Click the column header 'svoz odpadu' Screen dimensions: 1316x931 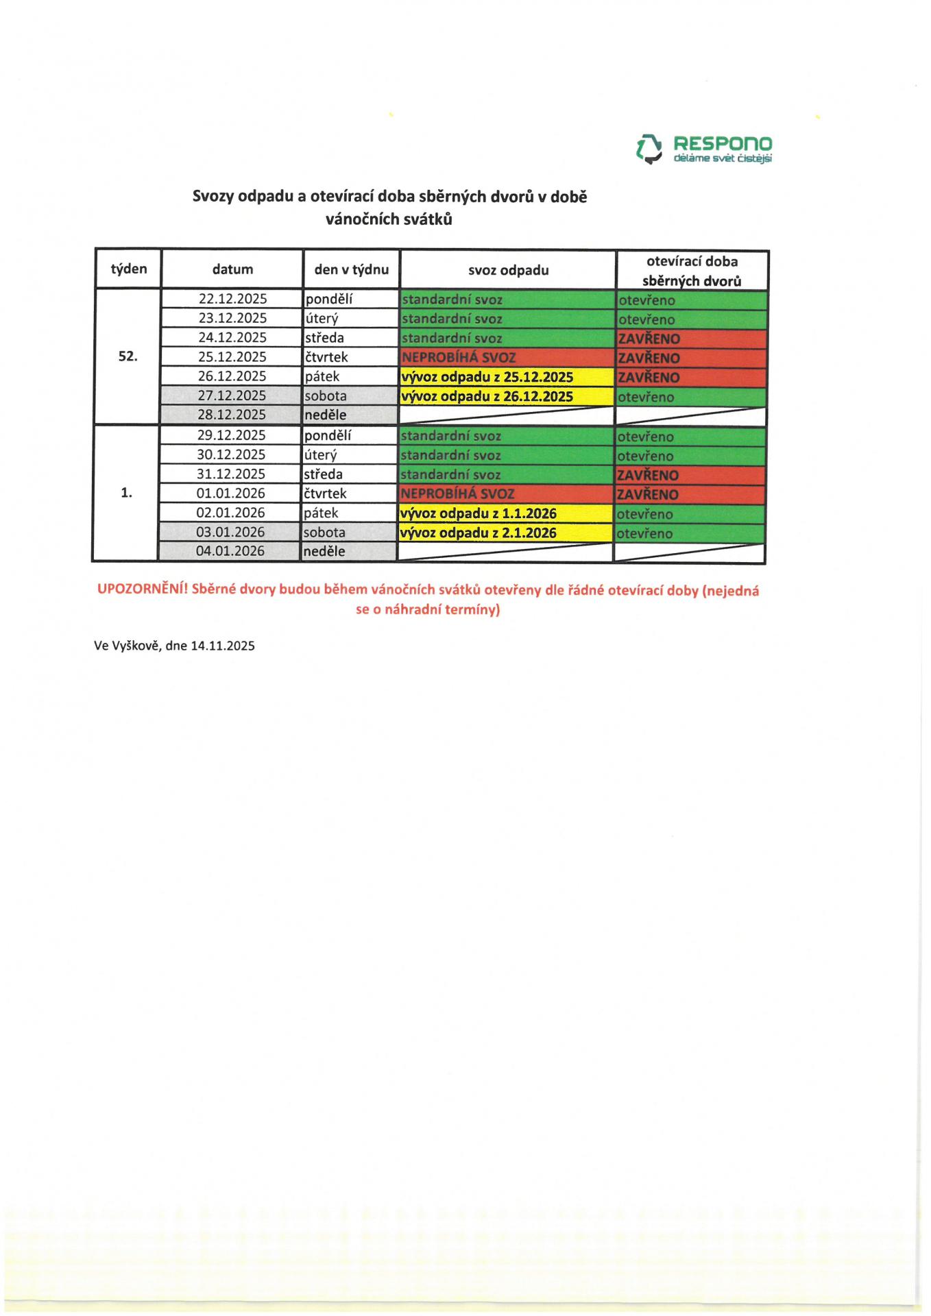(x=508, y=270)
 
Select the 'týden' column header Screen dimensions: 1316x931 (x=129, y=269)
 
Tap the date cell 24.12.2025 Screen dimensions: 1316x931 (x=232, y=338)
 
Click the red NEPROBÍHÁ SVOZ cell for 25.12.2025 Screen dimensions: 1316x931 (x=507, y=358)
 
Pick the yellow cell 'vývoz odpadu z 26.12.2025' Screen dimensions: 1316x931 (x=507, y=396)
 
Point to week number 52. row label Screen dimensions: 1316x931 (x=128, y=356)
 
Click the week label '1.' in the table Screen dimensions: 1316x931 (x=127, y=493)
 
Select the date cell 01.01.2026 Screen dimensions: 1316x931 (x=231, y=493)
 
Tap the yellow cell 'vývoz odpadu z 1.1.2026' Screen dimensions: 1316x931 (x=505, y=513)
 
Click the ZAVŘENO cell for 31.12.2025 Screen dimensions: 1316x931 (x=690, y=475)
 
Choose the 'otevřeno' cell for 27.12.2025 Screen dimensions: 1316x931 (x=691, y=397)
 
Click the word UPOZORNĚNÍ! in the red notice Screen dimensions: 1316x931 (x=143, y=589)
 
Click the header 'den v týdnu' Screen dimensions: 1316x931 (x=352, y=269)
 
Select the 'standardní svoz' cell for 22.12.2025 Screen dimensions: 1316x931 (x=507, y=300)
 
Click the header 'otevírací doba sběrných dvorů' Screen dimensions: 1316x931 (x=692, y=271)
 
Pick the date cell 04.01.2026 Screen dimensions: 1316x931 (x=230, y=551)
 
